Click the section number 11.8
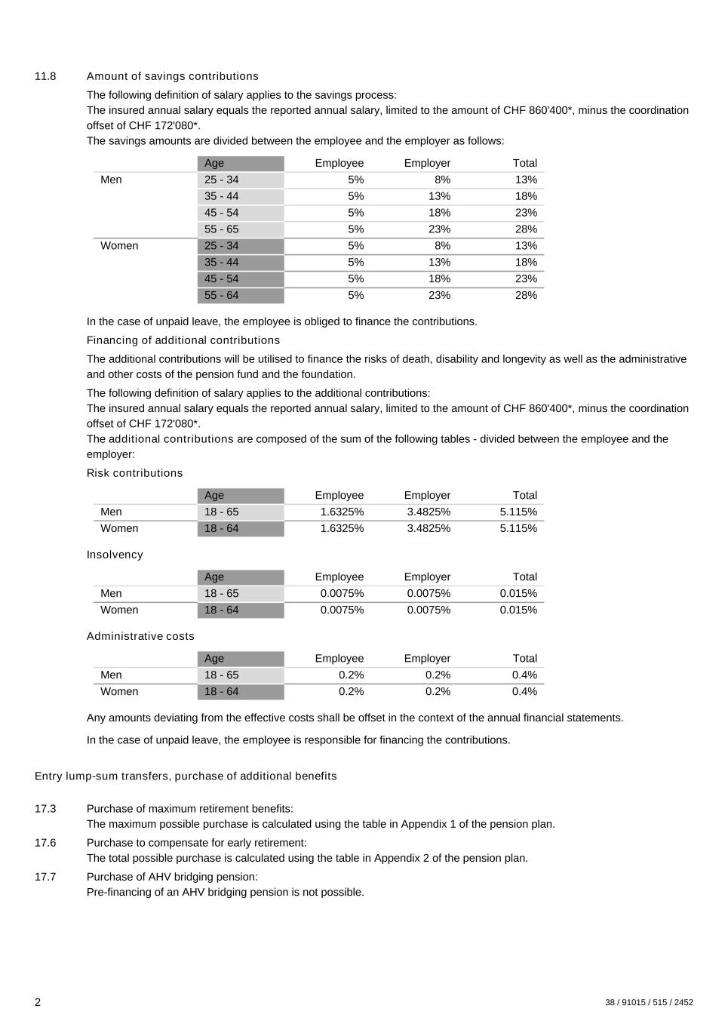(45, 76)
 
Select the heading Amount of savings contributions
(172, 76)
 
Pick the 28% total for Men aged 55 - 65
(526, 229)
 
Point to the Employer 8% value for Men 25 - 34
(442, 180)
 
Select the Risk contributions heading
(134, 473)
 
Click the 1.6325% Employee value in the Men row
(342, 512)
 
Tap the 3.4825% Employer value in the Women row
(429, 528)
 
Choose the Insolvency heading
(115, 555)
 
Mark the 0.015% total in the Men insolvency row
(518, 593)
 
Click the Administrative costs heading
(140, 636)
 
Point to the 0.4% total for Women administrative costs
(524, 691)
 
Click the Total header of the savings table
(524, 163)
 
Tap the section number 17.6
(45, 843)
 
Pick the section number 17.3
(45, 809)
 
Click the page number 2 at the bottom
(38, 1002)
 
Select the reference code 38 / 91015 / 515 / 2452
(649, 1003)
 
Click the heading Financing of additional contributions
(183, 340)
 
